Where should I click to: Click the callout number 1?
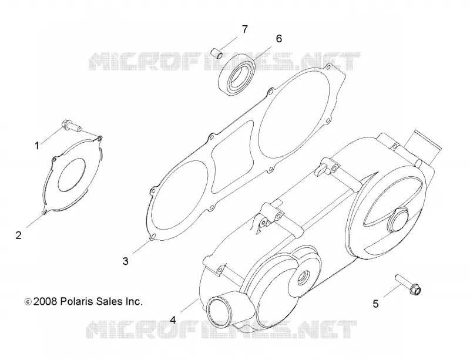pyautogui.click(x=37, y=146)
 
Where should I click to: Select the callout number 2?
pyautogui.click(x=19, y=235)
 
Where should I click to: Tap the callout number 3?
pyautogui.click(x=125, y=261)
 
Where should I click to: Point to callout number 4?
pyautogui.click(x=173, y=320)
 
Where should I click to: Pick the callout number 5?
pyautogui.click(x=375, y=304)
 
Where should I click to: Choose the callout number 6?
pyautogui.click(x=278, y=39)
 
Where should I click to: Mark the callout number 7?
pyautogui.click(x=245, y=29)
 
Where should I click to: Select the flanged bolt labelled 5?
pyautogui.click(x=408, y=285)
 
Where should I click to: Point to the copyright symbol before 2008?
pyautogui.click(x=28, y=302)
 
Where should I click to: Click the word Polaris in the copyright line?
pyautogui.click(x=77, y=301)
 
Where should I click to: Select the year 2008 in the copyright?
pyautogui.click(x=45, y=301)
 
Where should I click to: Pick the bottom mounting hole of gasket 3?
pyautogui.click(x=153, y=237)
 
